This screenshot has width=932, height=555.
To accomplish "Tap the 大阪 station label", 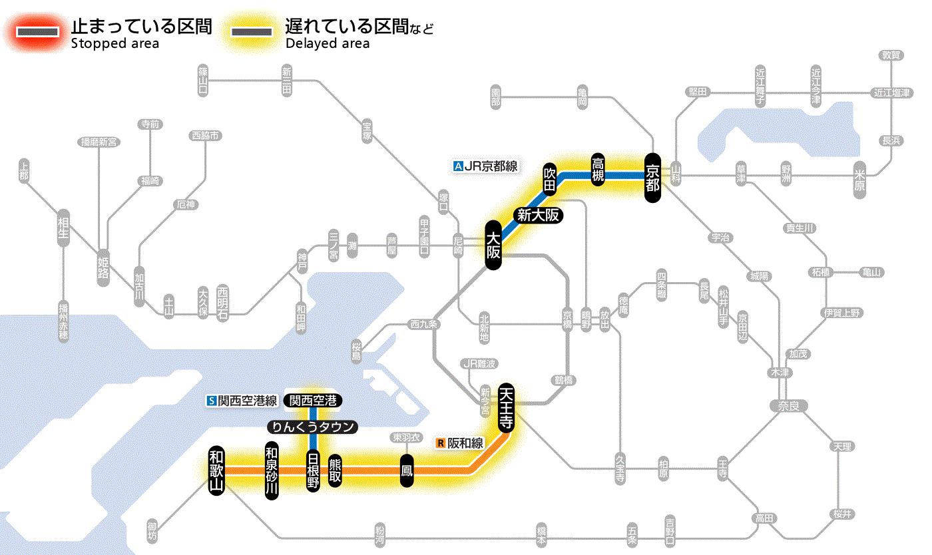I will [493, 246].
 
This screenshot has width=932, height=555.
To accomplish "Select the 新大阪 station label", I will [539, 215].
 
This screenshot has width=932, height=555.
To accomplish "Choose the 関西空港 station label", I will [314, 401].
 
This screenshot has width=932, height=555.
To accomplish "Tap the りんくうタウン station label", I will [313, 427].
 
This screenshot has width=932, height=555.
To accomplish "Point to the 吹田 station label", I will [549, 178].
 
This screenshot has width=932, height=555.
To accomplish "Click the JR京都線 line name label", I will [485, 166].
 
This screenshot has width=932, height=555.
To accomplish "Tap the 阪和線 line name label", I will [461, 443].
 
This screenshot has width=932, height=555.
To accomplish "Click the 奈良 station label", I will [788, 405].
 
